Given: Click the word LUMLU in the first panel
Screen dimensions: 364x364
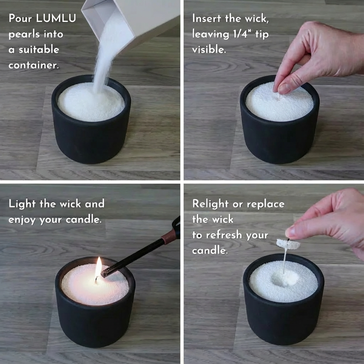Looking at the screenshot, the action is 56,18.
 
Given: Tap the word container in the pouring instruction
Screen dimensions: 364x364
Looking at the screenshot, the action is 34,65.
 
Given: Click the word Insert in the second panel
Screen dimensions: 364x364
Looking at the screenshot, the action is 207,18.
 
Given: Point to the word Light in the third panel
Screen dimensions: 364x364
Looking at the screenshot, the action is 22,204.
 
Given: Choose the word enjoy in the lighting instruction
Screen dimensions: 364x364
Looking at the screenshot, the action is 22,220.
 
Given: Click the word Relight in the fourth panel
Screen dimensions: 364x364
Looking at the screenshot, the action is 210,204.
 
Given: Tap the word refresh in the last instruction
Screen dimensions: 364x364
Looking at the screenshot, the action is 224,235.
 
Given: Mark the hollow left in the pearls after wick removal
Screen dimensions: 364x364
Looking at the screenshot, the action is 285,279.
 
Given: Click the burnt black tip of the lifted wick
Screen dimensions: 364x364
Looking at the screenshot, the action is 288,240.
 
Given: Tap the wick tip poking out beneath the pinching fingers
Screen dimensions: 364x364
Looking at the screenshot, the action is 279,97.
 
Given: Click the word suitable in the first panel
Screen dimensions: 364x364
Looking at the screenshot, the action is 39,49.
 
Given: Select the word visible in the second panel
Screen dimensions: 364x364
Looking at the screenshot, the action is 209,49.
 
